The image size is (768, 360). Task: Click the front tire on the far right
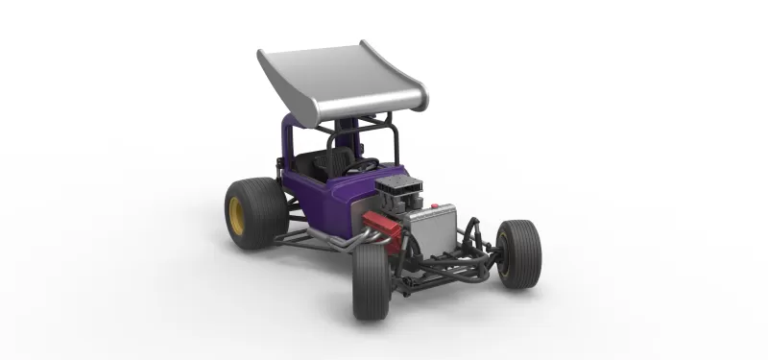point(519,253)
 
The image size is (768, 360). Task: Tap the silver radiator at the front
point(426,235)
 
